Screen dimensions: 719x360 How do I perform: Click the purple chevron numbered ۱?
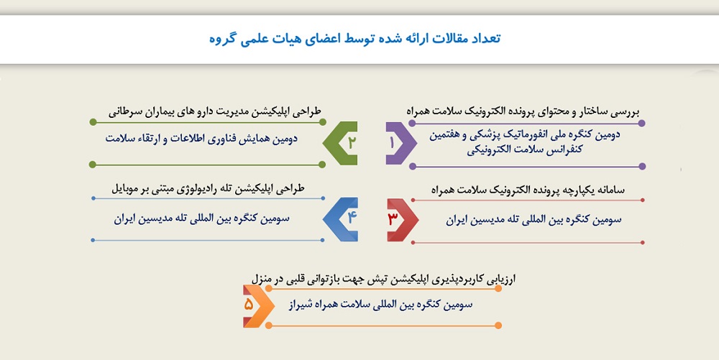coord(400,143)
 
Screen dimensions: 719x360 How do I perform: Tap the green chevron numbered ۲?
coord(340,143)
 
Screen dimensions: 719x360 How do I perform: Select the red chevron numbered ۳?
coord(402,220)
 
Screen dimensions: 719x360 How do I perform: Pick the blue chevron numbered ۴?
coord(341,219)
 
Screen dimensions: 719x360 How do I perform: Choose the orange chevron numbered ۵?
coord(258,306)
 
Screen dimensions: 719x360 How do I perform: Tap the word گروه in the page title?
coord(222,39)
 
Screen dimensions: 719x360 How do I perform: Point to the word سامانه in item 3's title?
coord(610,190)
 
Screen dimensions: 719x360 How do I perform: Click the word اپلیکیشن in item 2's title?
coord(274,112)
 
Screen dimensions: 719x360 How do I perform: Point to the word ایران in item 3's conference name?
coord(457,221)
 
